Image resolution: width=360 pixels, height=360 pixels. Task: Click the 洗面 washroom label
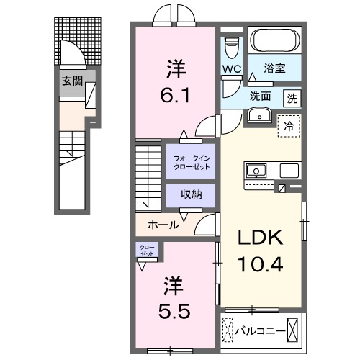click(x=261, y=96)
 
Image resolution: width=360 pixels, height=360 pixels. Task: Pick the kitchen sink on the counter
click(x=256, y=171)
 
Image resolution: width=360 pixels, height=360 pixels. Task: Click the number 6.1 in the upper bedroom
click(x=176, y=94)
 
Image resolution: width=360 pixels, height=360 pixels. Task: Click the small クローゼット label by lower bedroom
click(x=147, y=251)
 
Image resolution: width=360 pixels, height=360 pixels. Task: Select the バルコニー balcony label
click(x=261, y=331)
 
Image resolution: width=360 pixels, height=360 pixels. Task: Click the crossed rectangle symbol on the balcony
click(x=294, y=332)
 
